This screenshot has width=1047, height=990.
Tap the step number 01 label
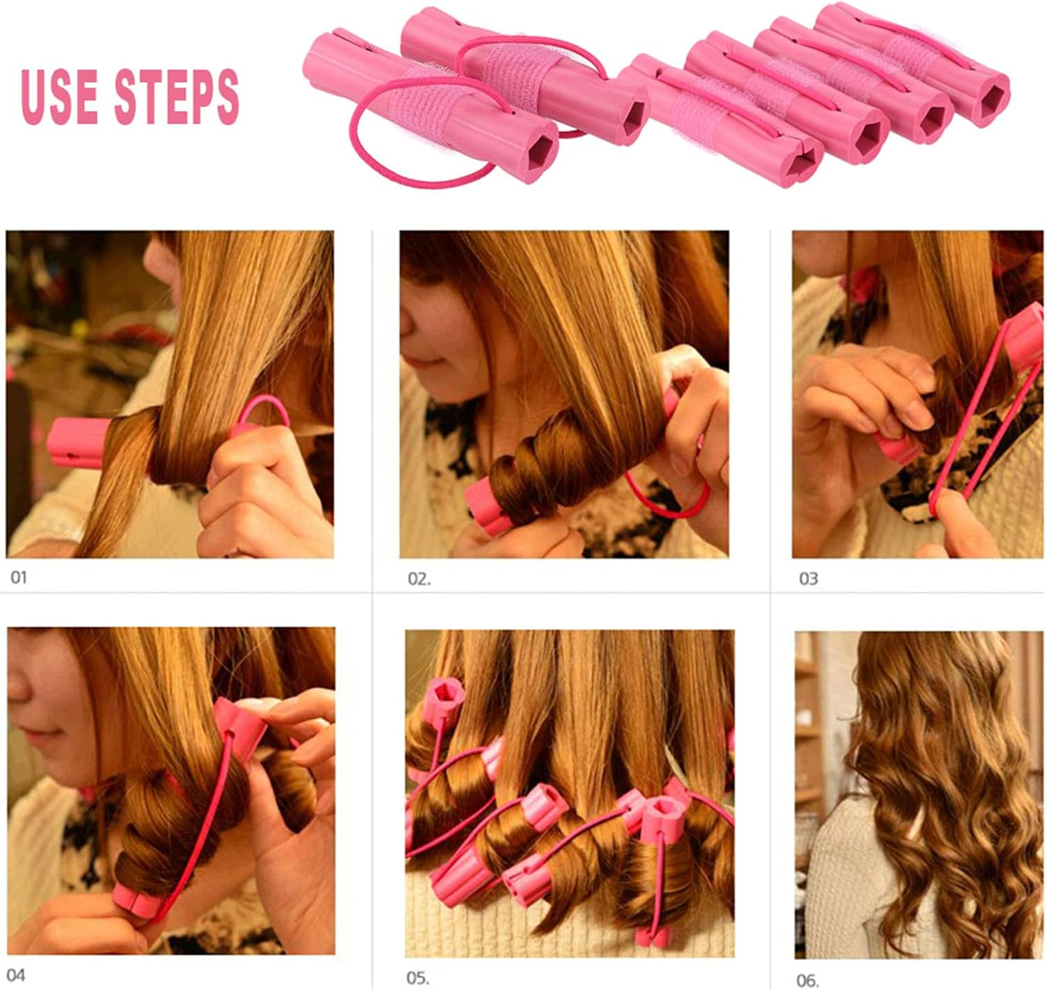(19, 577)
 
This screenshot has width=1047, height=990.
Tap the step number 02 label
(419, 579)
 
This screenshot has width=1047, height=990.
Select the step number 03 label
(808, 579)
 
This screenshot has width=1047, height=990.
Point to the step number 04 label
(15, 974)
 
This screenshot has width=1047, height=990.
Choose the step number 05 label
(417, 978)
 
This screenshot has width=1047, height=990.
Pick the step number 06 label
(806, 980)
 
